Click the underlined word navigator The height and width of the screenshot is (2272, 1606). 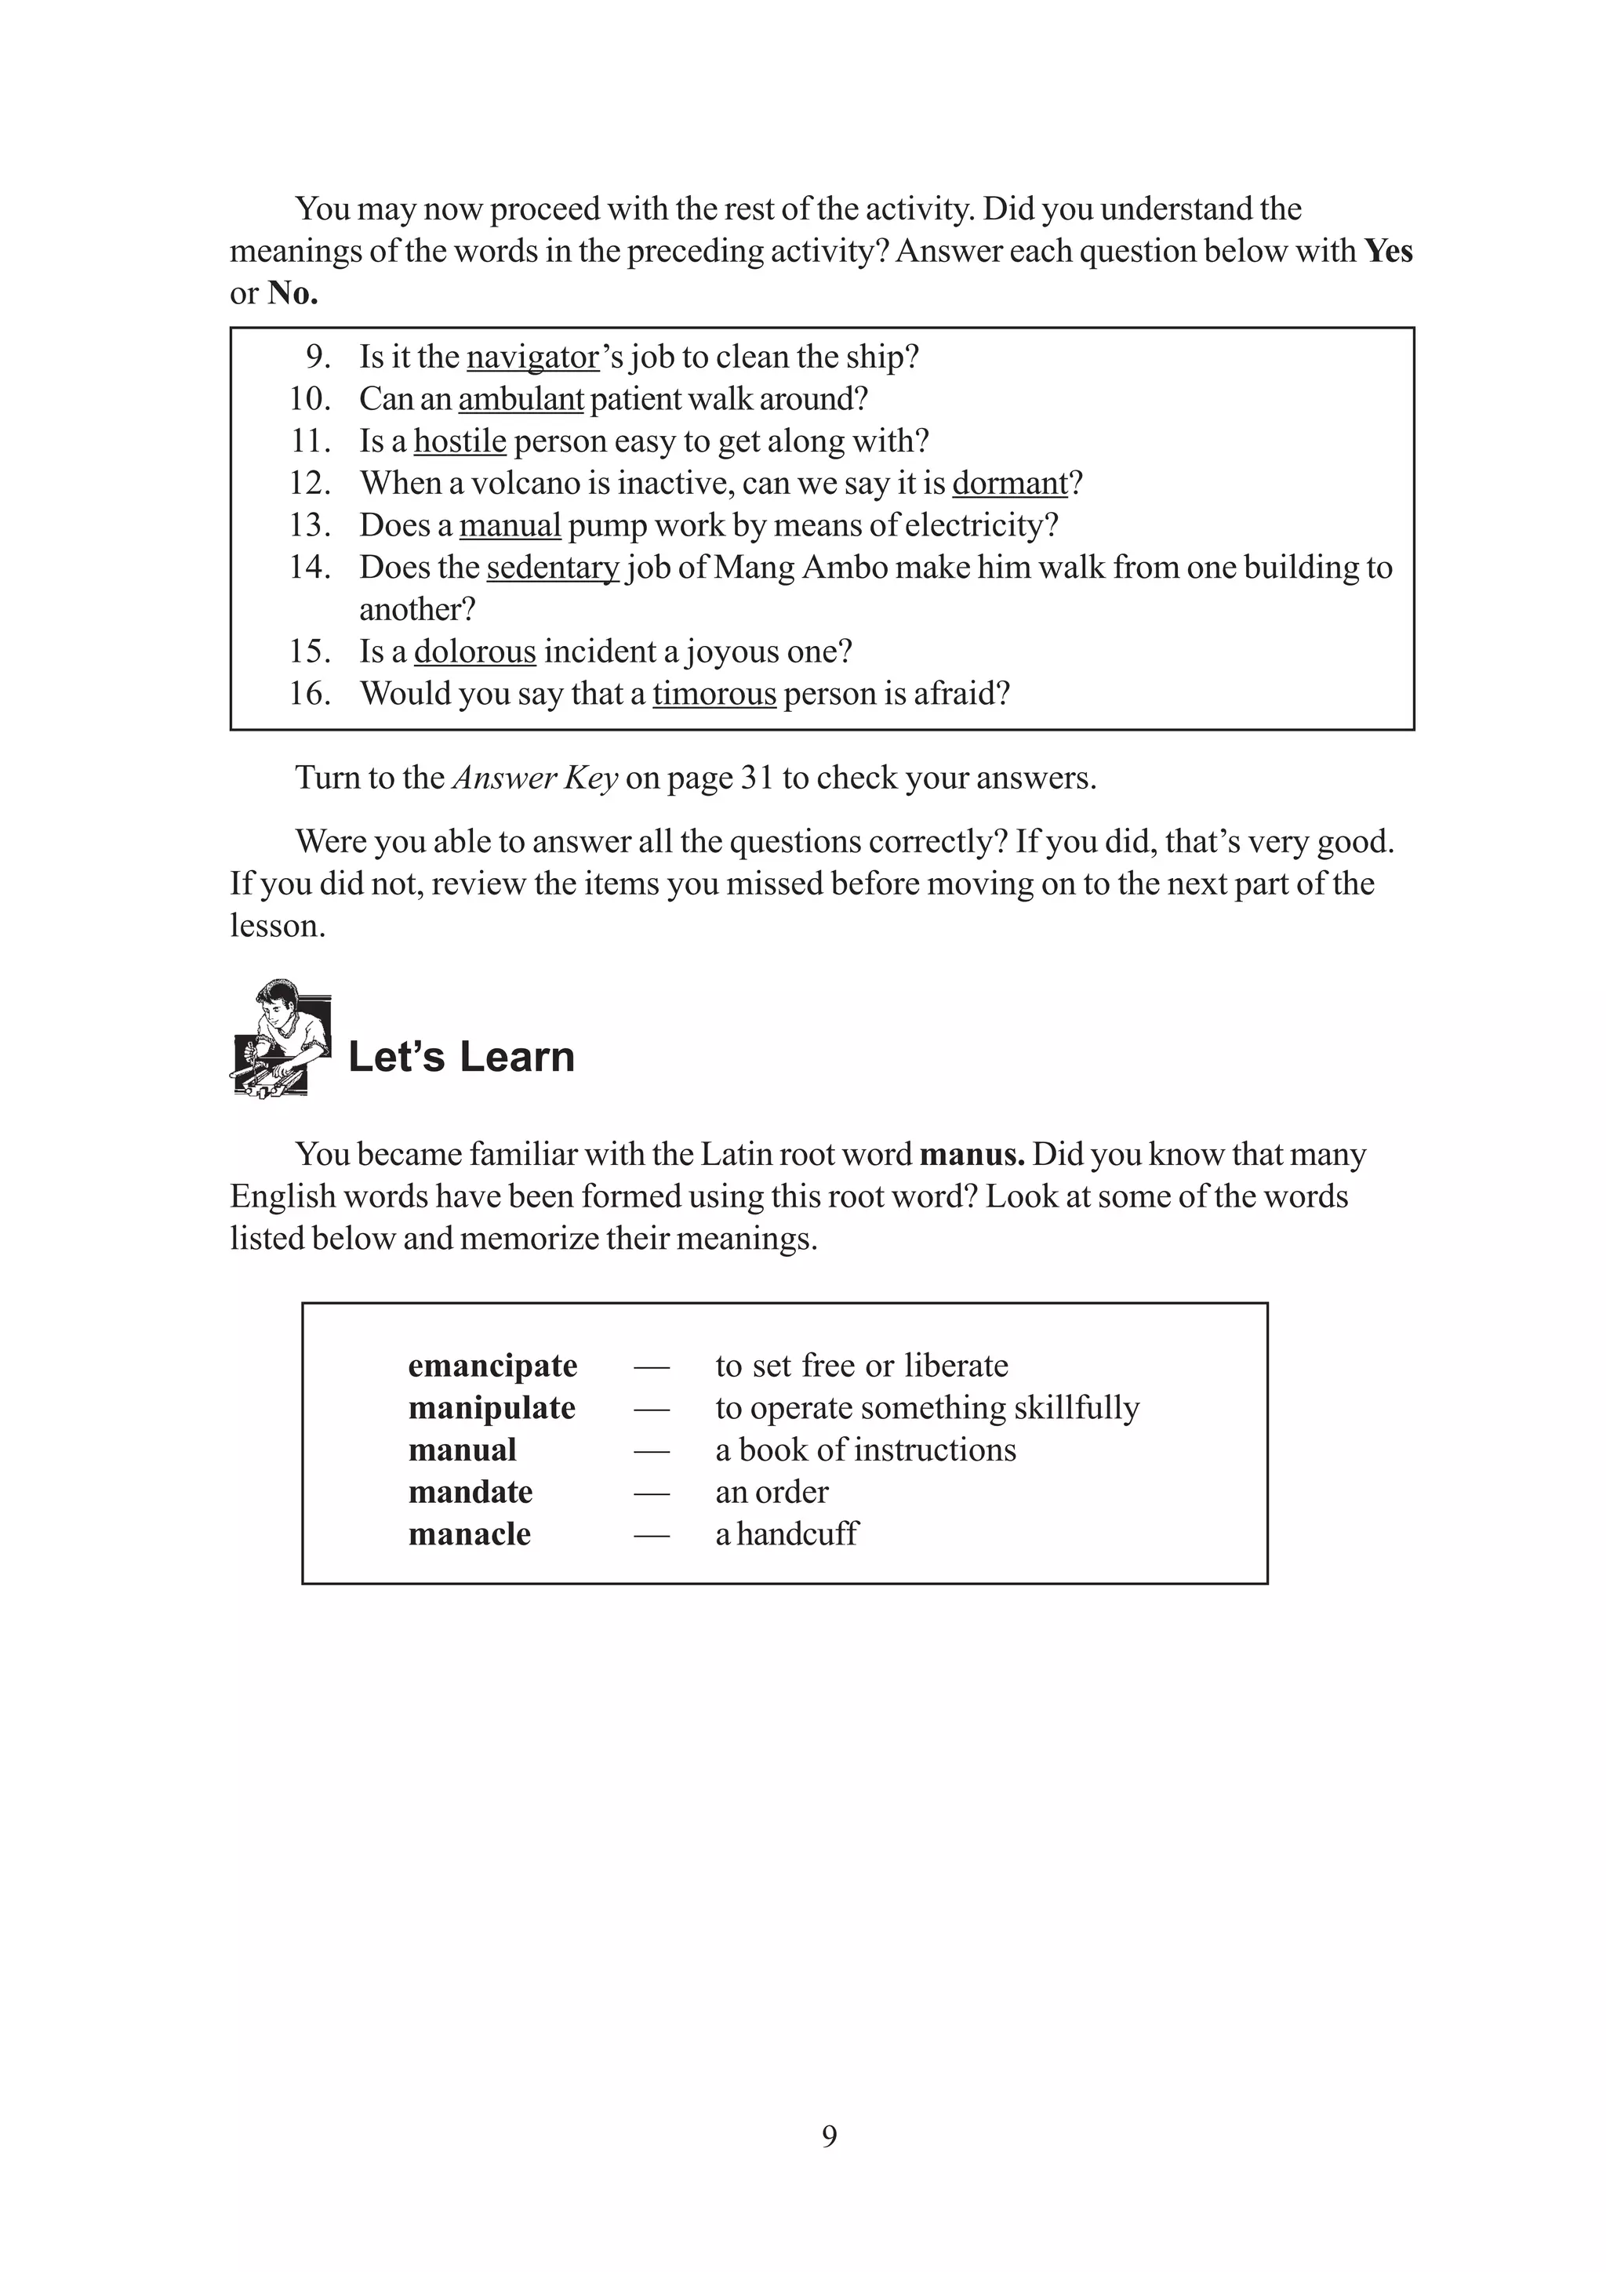(532, 357)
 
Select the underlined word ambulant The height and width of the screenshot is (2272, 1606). (521, 399)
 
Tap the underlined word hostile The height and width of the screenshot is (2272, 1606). (460, 441)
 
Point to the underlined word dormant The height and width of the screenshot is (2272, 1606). (1009, 483)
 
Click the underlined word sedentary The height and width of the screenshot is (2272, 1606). (552, 567)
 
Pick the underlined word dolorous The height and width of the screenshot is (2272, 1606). (475, 651)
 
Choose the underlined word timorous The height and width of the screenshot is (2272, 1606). (714, 694)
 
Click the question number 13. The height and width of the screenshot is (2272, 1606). (310, 525)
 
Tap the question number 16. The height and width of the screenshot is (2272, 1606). (310, 694)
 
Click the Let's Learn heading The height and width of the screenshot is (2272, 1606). (461, 1057)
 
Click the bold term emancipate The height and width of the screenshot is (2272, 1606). (492, 1366)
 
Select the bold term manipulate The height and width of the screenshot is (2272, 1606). (492, 1408)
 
